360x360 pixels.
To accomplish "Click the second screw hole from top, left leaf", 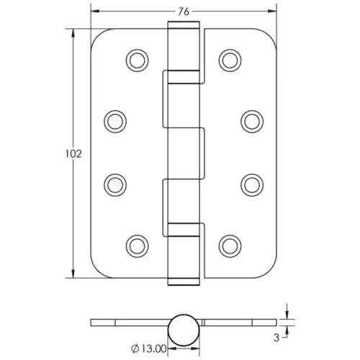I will (x=114, y=120).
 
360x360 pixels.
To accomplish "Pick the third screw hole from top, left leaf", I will (x=114, y=184).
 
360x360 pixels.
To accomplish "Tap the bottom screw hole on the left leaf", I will (x=136, y=246).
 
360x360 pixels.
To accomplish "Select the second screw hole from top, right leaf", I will (x=251, y=120).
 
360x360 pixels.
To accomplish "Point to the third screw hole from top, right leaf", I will (x=251, y=184).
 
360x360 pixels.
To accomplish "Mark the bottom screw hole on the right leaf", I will (x=230, y=246).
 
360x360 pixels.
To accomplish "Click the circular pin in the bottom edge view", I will (x=183, y=330).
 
